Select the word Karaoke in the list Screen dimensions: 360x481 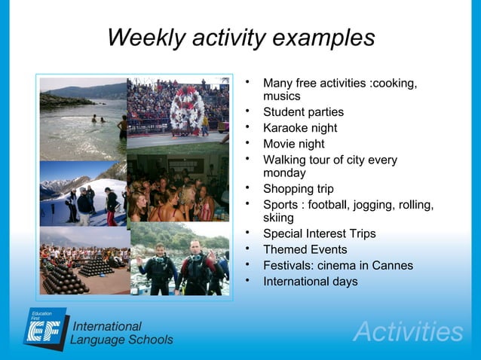[x=287, y=128]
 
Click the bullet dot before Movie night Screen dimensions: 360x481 [x=247, y=143]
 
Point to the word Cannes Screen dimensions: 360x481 [x=390, y=266]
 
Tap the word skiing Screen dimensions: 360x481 [x=278, y=218]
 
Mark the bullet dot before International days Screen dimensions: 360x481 [x=247, y=281]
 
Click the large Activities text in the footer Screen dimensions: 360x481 [x=407, y=332]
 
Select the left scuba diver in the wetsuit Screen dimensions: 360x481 [x=160, y=267]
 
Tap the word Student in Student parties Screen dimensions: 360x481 [x=285, y=112]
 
